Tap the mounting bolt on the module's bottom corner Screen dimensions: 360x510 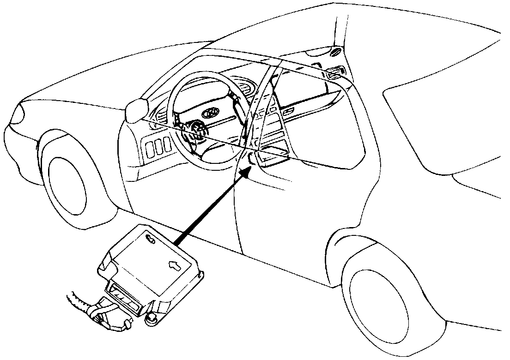(x=151, y=318)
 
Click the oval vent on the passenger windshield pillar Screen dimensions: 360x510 (x=336, y=52)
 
